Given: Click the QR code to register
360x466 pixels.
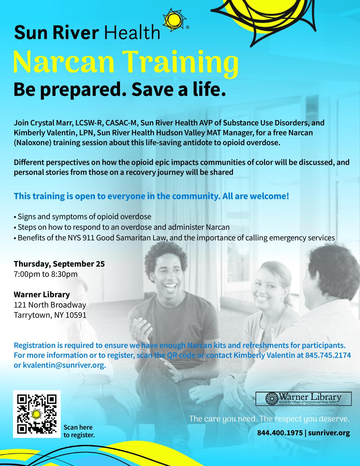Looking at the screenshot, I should tap(37, 414).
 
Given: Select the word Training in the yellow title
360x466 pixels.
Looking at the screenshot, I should tap(180, 62).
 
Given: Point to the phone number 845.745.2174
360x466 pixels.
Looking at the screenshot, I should tap(328, 355).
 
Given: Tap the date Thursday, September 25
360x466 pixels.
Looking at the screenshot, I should tap(59, 264).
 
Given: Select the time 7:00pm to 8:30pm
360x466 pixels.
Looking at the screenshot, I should tap(46, 274).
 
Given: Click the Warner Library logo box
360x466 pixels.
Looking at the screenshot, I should tap(303, 399).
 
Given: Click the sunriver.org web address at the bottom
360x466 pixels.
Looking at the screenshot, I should tap(329, 433).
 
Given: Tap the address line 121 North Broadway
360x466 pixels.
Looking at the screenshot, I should tap(50, 305).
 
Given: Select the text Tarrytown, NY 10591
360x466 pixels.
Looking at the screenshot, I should tap(50, 315).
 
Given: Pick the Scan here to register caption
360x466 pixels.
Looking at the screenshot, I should tap(79, 431).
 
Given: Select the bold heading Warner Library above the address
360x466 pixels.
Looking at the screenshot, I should tap(42, 294).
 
